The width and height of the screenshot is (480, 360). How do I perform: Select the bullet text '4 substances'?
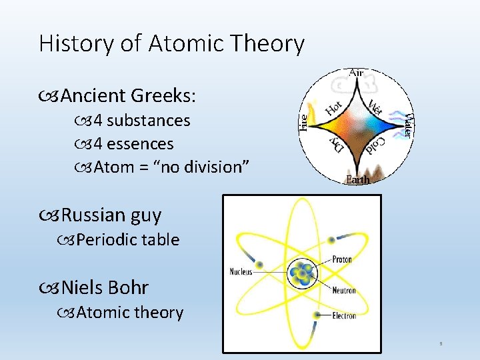[142, 121]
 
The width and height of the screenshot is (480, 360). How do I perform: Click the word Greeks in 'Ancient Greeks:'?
[163, 96]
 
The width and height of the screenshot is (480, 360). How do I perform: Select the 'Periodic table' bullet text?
[127, 240]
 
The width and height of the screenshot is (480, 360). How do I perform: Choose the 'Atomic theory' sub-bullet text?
[129, 313]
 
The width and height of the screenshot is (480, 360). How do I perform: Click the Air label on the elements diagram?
[357, 72]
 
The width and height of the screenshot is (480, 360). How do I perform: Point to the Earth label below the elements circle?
[357, 180]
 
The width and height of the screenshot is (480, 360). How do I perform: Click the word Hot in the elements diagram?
[334, 107]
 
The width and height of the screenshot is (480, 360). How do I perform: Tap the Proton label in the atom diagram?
[343, 259]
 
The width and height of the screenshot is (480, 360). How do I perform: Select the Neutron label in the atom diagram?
[344, 291]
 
